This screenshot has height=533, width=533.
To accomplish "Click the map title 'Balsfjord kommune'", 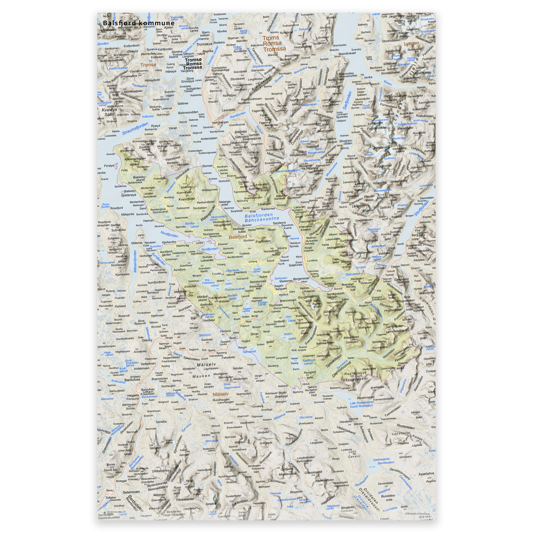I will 138,23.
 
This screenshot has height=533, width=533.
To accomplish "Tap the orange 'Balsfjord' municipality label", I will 238,237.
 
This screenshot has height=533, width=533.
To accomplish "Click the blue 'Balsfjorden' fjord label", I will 258,215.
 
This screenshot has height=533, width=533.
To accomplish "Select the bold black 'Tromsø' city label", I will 193,60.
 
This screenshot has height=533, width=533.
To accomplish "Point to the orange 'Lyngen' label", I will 411,43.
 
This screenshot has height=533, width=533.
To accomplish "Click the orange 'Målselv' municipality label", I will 221,394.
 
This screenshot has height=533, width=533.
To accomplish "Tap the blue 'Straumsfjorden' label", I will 135,129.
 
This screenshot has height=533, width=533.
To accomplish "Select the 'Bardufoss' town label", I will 132,380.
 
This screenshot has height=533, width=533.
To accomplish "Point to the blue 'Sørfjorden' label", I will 347,100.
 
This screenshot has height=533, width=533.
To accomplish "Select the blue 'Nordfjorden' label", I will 169,234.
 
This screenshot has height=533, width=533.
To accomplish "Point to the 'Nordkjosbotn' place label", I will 335,294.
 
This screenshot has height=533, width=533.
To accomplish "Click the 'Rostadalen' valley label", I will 405,427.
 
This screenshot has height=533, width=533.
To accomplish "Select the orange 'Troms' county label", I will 270,38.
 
